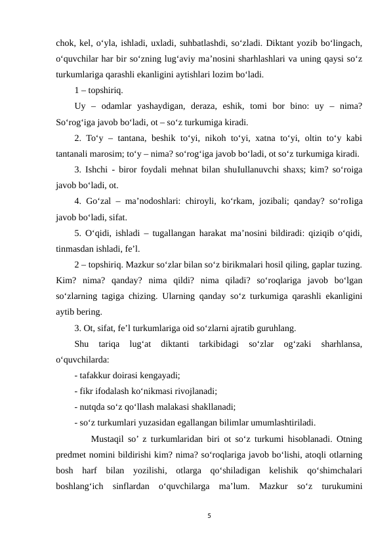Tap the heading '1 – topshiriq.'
[98, 90]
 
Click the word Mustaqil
[109, 439]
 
